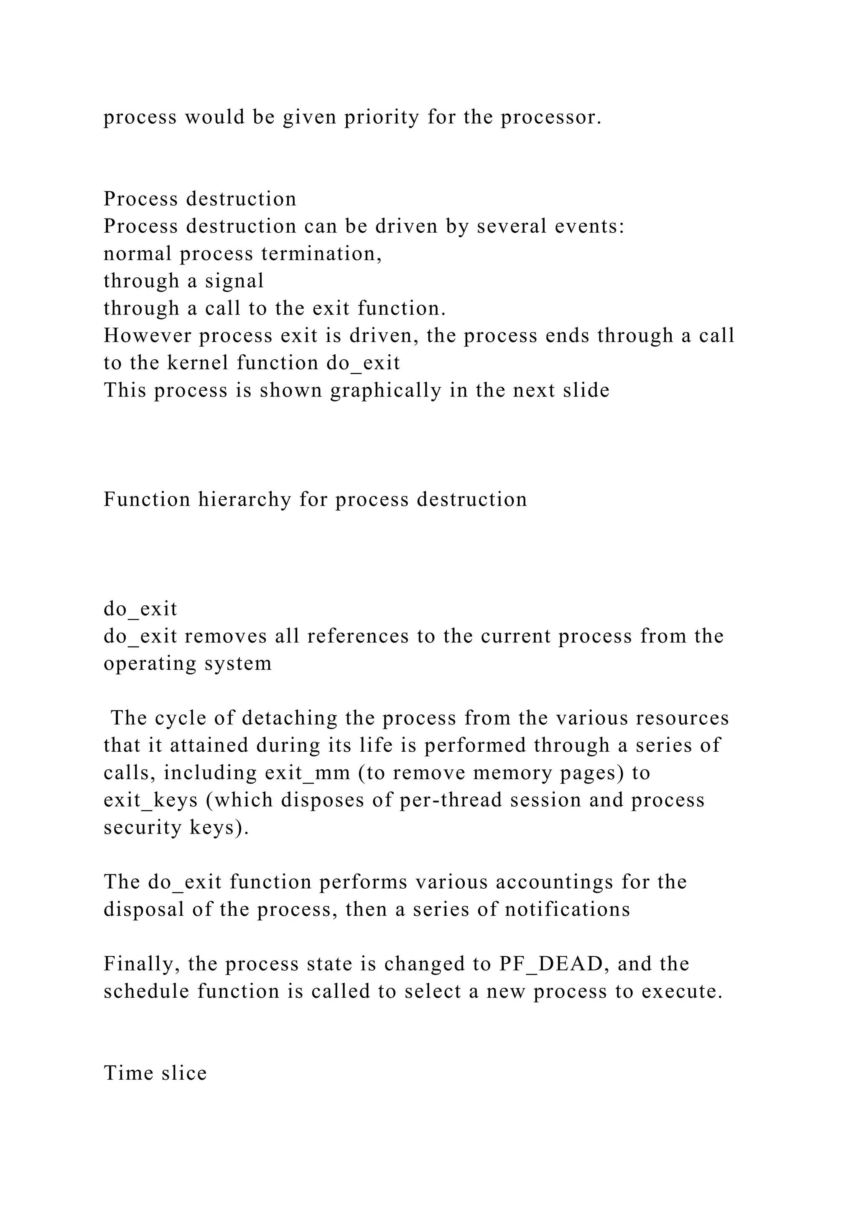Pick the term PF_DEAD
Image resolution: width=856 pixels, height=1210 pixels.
click(551, 964)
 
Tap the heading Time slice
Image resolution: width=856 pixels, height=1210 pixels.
click(155, 1073)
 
